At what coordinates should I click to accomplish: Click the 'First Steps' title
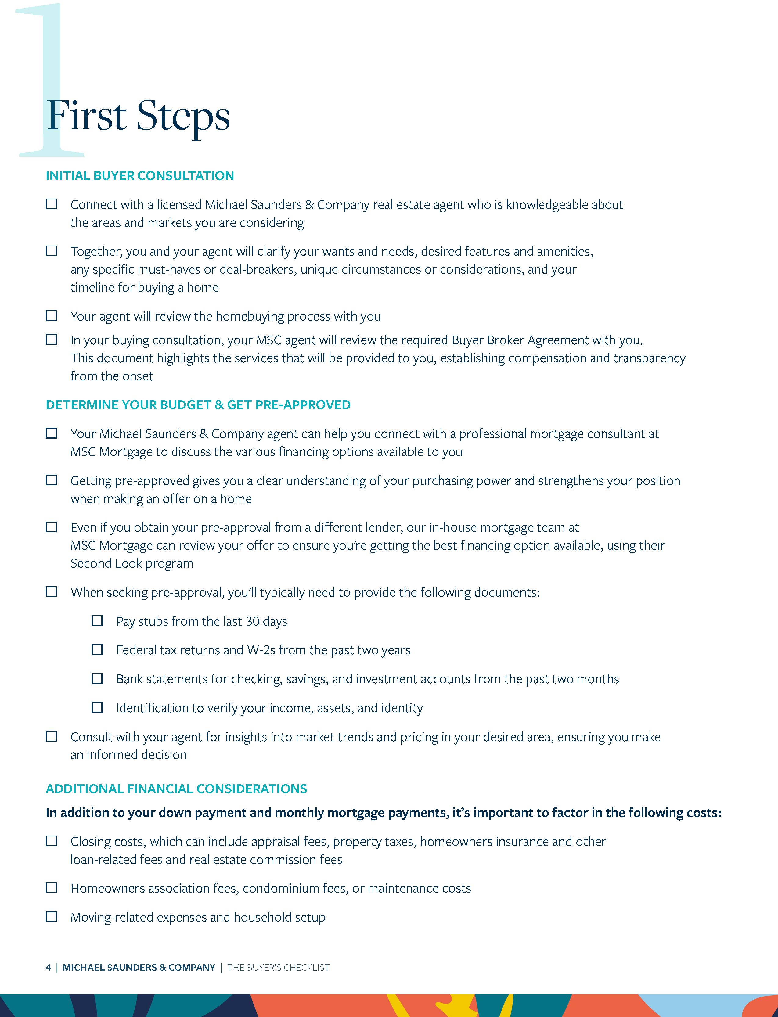tap(138, 116)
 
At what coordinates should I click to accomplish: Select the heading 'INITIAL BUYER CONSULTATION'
tap(140, 176)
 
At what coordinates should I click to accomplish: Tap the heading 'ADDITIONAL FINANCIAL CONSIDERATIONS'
tap(176, 789)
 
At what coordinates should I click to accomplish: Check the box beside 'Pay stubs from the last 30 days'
tap(97, 621)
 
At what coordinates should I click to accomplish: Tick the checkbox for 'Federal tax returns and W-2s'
tap(97, 650)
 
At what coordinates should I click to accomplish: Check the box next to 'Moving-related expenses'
tap(51, 917)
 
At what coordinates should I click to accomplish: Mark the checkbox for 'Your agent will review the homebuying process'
tap(51, 316)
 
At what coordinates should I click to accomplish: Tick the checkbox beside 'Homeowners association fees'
tap(51, 888)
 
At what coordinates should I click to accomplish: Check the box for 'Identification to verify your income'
tap(97, 707)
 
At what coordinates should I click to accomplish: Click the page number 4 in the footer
tap(48, 968)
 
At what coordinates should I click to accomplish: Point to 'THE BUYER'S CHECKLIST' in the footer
tap(278, 968)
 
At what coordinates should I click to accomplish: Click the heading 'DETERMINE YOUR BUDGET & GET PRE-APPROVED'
tap(198, 404)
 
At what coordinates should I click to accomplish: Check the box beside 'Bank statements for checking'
tap(97, 679)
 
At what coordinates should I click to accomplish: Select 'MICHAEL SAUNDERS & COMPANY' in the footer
tap(139, 968)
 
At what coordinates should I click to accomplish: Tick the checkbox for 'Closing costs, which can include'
tap(51, 841)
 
